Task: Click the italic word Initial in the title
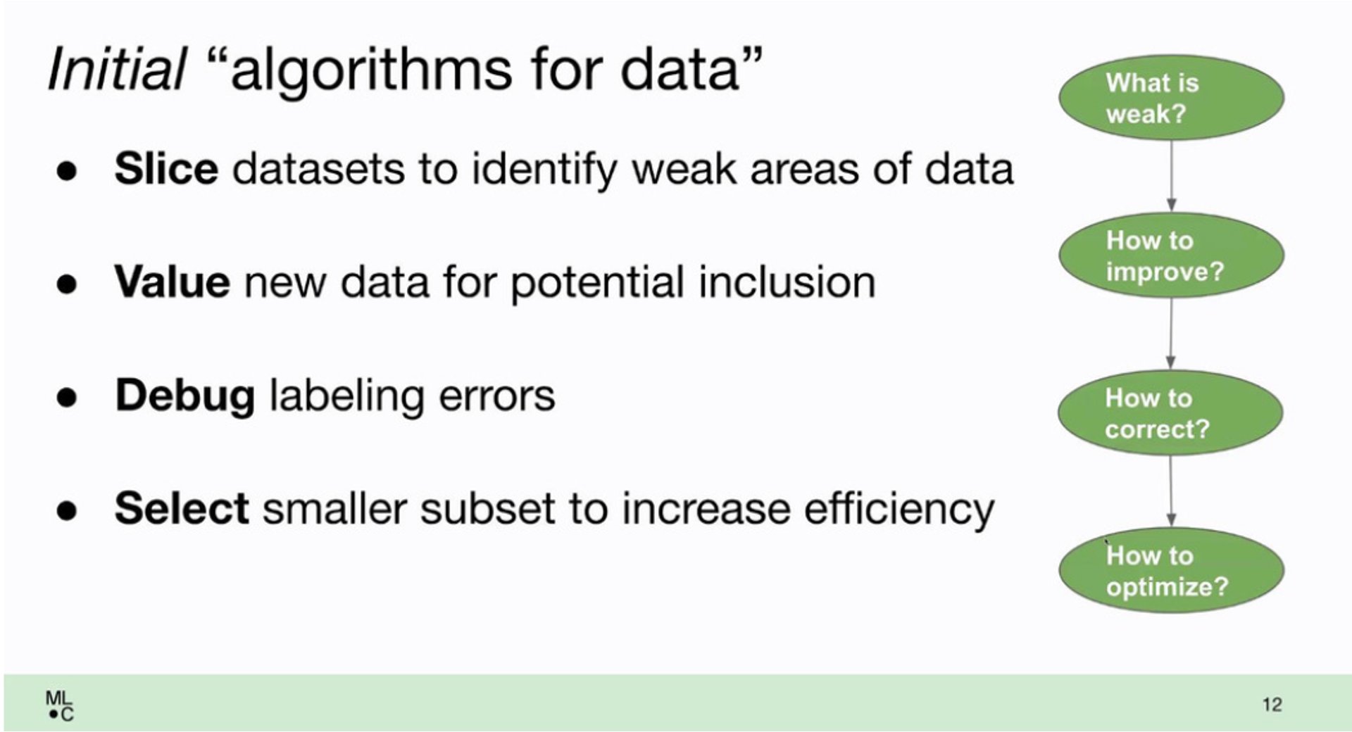pyautogui.click(x=117, y=69)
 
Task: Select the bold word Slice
pyautogui.click(x=166, y=169)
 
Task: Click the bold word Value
pyautogui.click(x=172, y=282)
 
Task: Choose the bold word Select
pyautogui.click(x=182, y=508)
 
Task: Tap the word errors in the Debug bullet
pyautogui.click(x=496, y=396)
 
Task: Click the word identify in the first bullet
pyautogui.click(x=544, y=171)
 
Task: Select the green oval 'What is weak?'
pyautogui.click(x=1171, y=98)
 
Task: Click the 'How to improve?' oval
pyautogui.click(x=1171, y=255)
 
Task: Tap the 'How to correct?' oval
pyautogui.click(x=1170, y=412)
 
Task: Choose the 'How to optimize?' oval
pyautogui.click(x=1171, y=570)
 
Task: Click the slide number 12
pyautogui.click(x=1272, y=705)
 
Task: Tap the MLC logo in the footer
pyautogui.click(x=59, y=706)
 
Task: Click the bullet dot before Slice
pyautogui.click(x=67, y=171)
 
